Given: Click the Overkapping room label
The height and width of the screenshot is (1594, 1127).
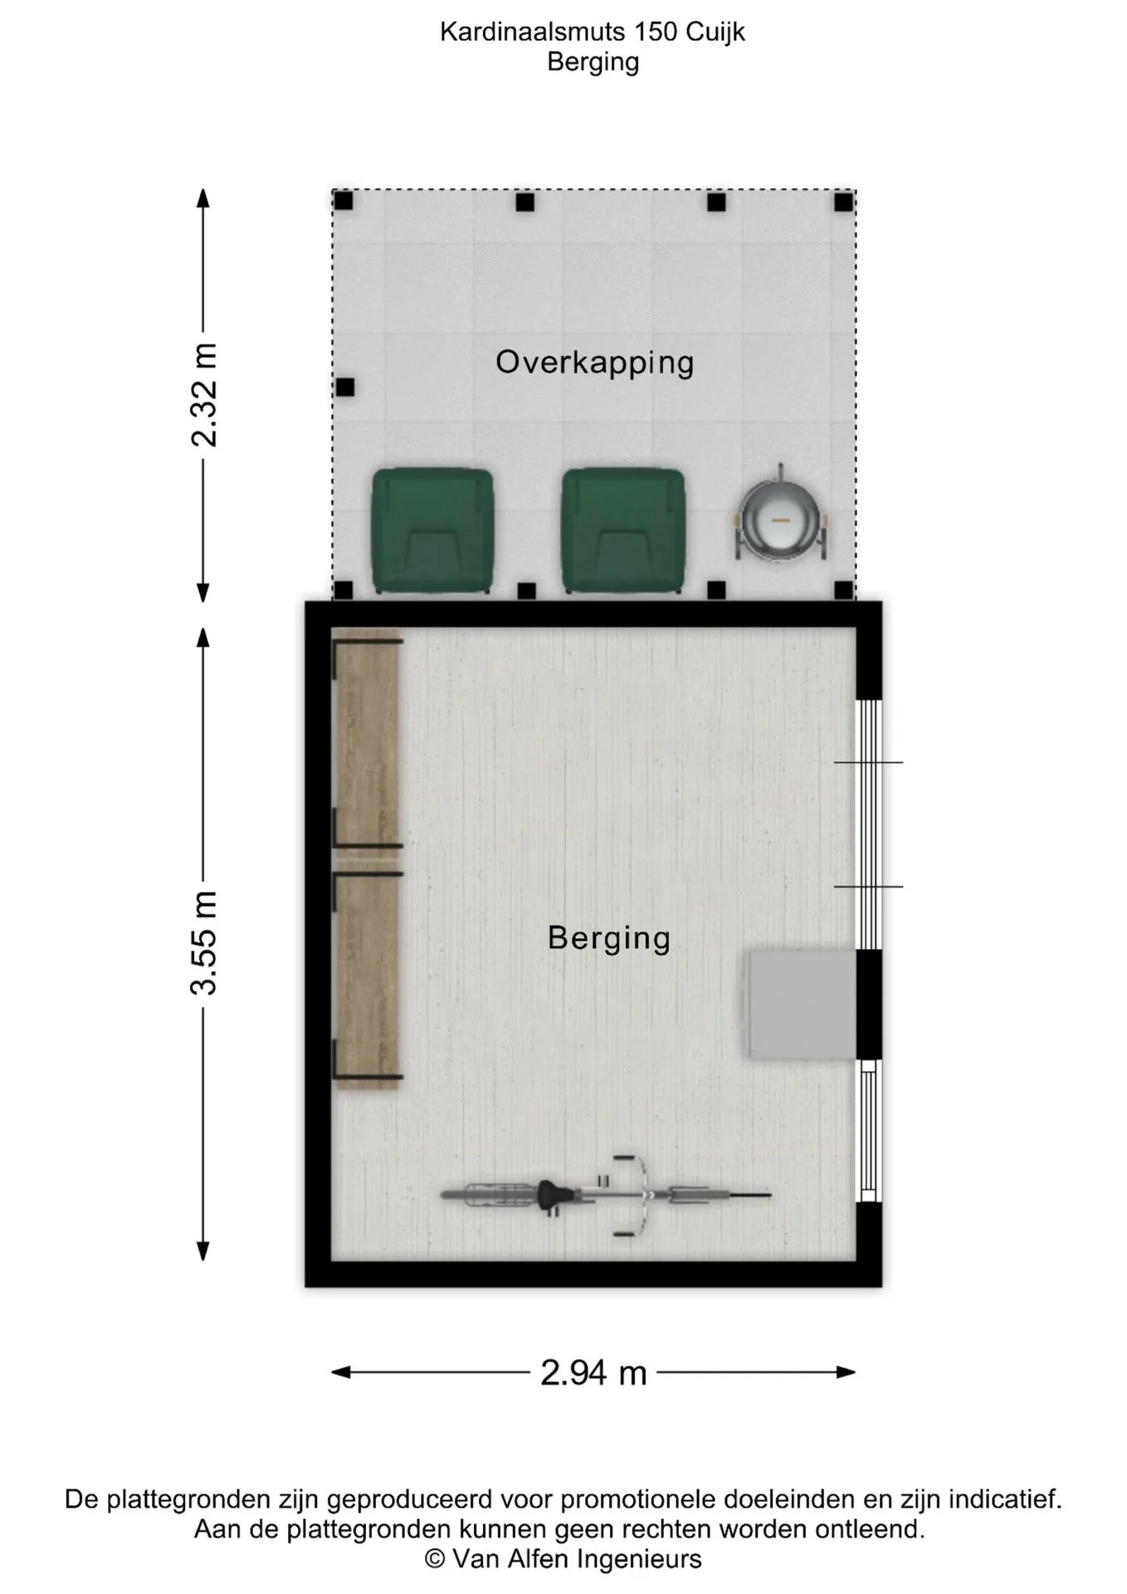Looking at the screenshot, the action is pos(594,363).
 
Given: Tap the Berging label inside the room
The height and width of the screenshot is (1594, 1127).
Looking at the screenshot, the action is pos(609,939).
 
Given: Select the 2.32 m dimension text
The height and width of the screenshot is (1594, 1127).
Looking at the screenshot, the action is pos(204,395).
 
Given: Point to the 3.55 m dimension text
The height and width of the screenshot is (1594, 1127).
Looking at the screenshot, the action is pos(204,943).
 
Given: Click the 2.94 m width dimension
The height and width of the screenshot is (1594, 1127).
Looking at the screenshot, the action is pos(593,1373).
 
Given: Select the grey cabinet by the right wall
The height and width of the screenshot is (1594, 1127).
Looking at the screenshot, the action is pos(802,1005).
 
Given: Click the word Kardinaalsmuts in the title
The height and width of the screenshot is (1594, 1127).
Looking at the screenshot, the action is pos(532,32).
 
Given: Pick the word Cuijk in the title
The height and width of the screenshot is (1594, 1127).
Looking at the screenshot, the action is pos(715,32).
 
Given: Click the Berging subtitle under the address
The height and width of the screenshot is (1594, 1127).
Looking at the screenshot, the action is pos(593,62).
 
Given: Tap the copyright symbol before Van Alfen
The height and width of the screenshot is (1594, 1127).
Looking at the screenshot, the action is pos(435,1559).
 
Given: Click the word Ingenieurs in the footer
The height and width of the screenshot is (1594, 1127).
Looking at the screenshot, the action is pos(639,1560).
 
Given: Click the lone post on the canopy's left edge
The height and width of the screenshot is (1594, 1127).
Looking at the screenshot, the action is pos(345,387).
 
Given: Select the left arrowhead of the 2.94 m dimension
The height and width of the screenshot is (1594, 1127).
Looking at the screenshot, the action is pos(341,1372).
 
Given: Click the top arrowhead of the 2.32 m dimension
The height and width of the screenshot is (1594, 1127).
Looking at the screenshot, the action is pos(202,198).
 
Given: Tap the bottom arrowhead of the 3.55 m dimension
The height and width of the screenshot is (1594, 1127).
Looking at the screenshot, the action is pos(202,1251).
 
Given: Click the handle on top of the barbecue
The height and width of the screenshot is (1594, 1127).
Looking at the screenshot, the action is pos(780,471).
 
